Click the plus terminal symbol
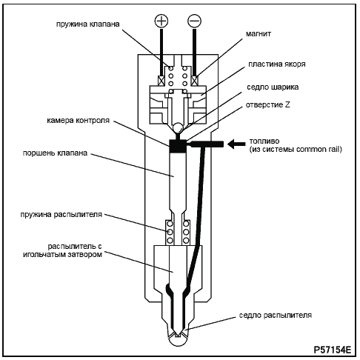click(x=161, y=21)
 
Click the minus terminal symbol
click(x=195, y=21)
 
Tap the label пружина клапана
click(x=88, y=24)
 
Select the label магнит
click(x=258, y=33)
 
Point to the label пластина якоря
click(x=277, y=64)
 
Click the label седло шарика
click(x=273, y=87)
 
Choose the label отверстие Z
click(x=267, y=105)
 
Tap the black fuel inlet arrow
click(x=236, y=144)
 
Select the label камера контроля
click(x=78, y=121)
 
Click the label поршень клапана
click(x=55, y=153)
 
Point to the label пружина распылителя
click(x=61, y=214)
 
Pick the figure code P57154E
click(x=332, y=350)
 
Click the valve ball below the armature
click(x=178, y=127)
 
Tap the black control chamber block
click(x=178, y=146)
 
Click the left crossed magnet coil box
click(x=161, y=81)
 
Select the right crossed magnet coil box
click(x=195, y=81)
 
